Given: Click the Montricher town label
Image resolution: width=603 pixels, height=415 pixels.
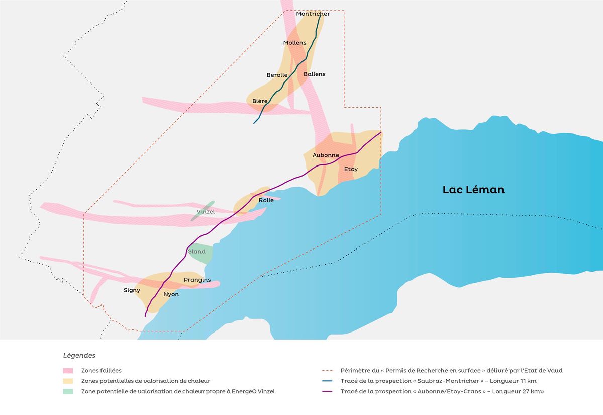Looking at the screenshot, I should coord(313,14).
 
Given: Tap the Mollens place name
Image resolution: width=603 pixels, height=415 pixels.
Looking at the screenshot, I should coord(294,43).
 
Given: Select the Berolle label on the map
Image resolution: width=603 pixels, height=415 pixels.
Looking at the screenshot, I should coord(277,75).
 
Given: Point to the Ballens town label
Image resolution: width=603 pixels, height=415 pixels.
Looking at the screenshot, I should coord(315,74).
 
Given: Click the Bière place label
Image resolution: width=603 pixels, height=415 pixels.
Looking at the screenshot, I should coord(260,101).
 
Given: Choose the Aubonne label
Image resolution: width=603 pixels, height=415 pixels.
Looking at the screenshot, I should coord(326,155).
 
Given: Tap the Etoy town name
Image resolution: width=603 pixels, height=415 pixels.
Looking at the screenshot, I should coord(351,169).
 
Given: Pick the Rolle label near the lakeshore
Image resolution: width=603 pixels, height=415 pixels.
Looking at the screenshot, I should coord(266,200).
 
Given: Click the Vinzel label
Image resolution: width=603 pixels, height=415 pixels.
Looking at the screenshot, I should coord(206,212).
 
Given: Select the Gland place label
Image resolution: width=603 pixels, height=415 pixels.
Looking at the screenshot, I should coord(196,252).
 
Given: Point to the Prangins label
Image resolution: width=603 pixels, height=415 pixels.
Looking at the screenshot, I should coord(197,280).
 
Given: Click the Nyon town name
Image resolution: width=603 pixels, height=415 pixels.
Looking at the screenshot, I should coord(171,294).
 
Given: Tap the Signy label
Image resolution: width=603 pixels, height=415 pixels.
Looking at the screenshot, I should coord(132,290).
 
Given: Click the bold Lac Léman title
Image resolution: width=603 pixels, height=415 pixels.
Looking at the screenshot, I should coord(473,190).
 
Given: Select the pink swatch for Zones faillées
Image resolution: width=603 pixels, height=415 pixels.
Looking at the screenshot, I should coord(70,371).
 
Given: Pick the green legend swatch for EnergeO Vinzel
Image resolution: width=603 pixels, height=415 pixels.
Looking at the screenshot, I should coord(70,391).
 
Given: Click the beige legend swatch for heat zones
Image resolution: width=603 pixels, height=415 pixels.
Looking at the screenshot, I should coord(70,381).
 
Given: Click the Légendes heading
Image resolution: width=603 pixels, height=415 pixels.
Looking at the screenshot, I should coord(79,355).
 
